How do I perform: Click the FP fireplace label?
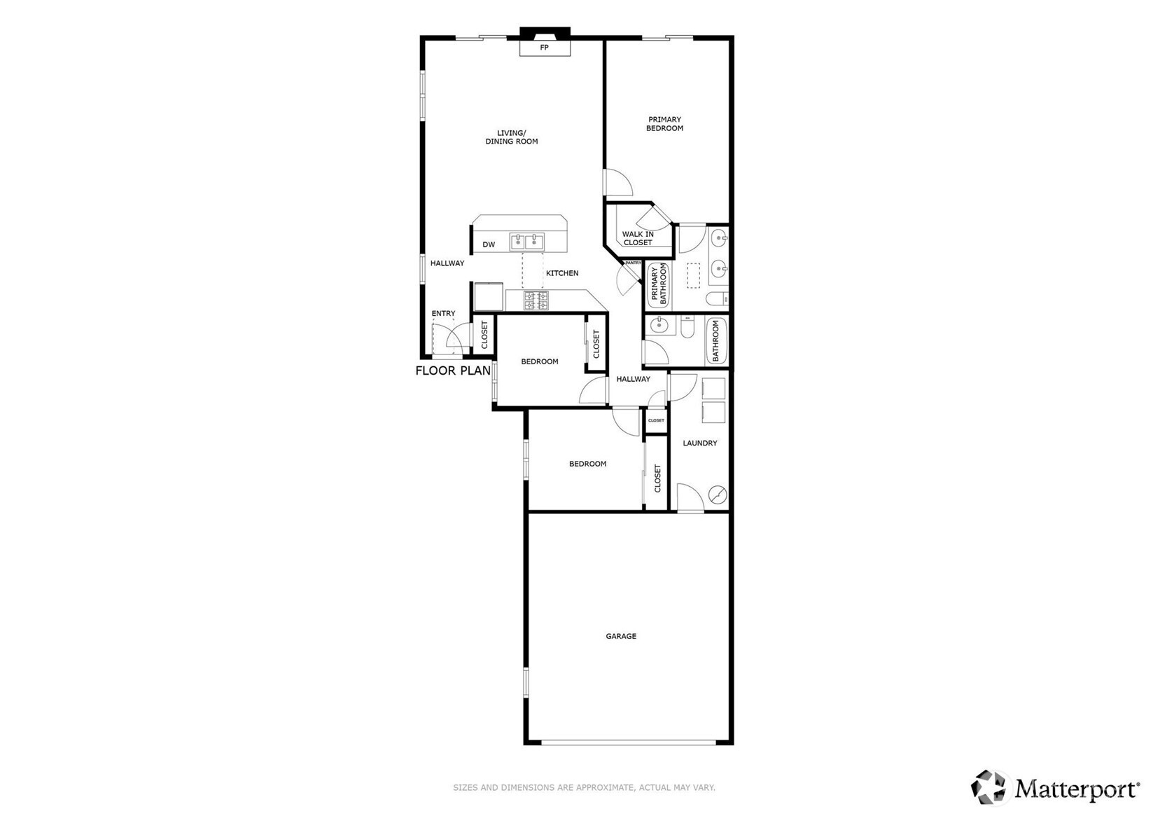point(544,48)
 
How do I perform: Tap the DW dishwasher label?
point(489,244)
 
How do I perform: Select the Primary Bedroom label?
point(664,124)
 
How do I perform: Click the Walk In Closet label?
point(638,238)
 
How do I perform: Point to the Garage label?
point(621,636)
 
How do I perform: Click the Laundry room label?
point(699,443)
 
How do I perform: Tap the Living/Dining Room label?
point(512,137)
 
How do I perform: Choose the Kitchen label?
point(562,273)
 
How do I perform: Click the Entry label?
point(443,313)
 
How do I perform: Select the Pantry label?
point(633,263)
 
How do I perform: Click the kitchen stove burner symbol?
point(536,301)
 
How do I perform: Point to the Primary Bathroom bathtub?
point(659,284)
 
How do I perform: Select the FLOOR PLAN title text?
point(453,371)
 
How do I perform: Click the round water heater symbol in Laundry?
point(718,495)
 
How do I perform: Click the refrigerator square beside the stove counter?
point(488,296)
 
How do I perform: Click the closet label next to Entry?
point(484,336)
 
